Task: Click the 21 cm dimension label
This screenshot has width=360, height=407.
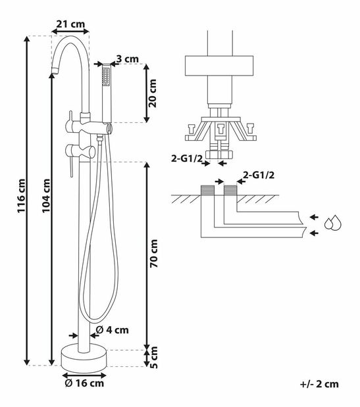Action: click(70, 24)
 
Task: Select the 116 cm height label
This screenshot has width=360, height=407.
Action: click(21, 196)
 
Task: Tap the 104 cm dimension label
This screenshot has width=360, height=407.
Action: click(46, 196)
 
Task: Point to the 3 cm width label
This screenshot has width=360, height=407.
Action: click(127, 59)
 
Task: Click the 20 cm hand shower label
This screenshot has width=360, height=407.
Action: click(152, 93)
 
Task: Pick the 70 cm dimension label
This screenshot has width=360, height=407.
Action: click(153, 254)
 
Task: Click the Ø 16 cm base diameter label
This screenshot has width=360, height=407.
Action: click(84, 383)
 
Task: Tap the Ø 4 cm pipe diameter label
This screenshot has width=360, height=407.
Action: click(112, 330)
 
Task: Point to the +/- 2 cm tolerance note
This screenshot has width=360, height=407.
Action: click(319, 384)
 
